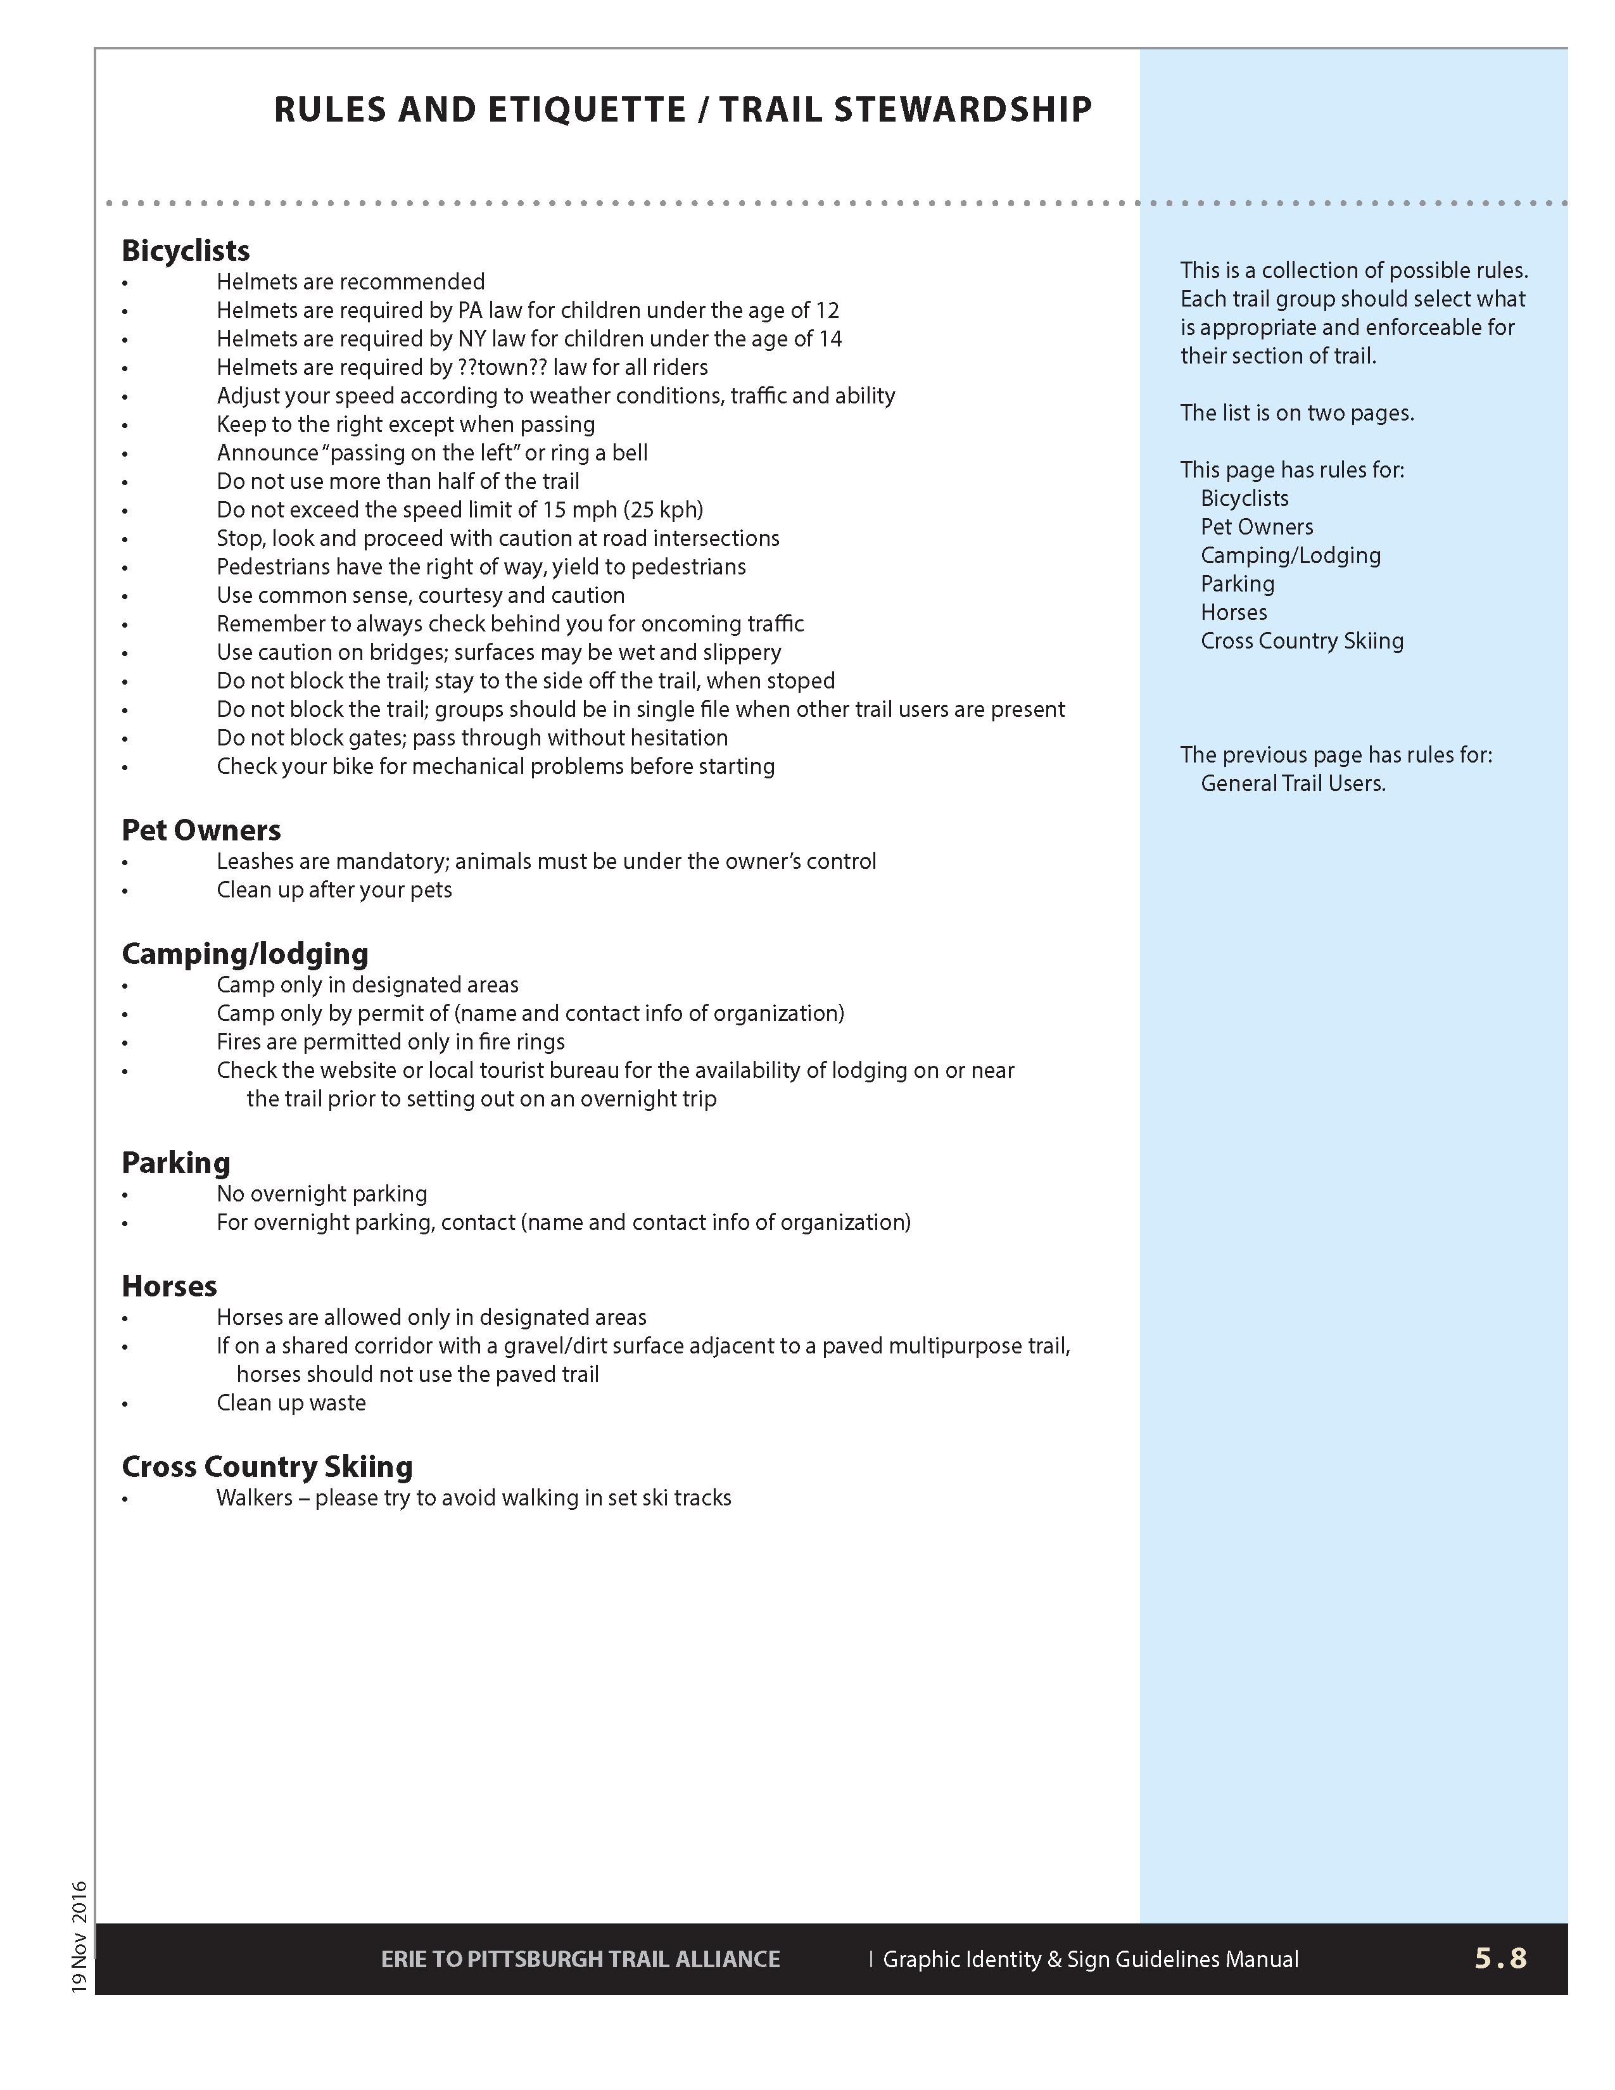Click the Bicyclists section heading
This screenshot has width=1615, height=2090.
(186, 251)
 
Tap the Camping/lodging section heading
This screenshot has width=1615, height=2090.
(245, 953)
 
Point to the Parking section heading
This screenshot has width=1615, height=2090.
(176, 1163)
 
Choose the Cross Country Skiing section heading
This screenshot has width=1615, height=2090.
(267, 1466)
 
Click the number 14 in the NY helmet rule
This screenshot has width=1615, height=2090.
(830, 339)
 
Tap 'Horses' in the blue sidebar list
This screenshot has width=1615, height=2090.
(1233, 612)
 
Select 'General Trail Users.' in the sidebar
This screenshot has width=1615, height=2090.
(1293, 784)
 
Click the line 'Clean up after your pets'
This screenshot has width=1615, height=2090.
(334, 890)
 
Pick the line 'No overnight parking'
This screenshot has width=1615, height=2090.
(322, 1194)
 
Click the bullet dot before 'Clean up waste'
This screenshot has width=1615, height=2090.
(125, 1405)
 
